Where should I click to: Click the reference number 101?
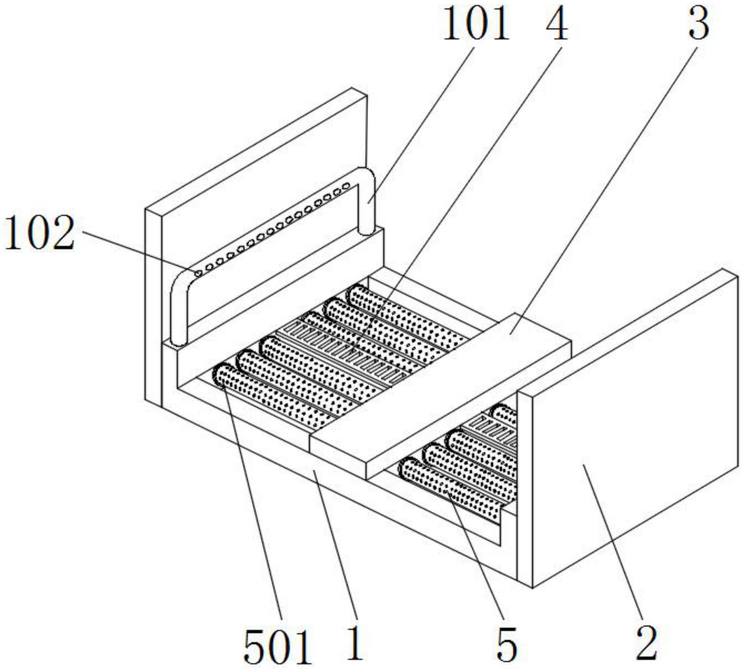pyautogui.click(x=475, y=25)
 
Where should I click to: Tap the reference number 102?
pyautogui.click(x=40, y=233)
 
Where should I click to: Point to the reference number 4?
pyautogui.click(x=556, y=25)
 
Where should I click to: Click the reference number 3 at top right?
pyautogui.click(x=699, y=25)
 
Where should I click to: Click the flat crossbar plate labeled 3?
pyautogui.click(x=441, y=396)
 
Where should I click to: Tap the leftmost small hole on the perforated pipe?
pyautogui.click(x=198, y=273)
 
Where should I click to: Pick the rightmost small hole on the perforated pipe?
pyautogui.click(x=346, y=187)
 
